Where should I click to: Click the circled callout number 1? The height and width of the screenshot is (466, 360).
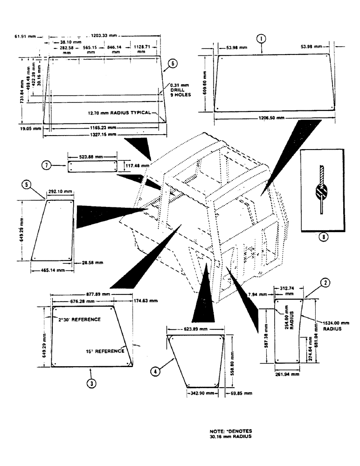coord(263,38)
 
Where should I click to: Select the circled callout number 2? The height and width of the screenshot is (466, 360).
coord(325,282)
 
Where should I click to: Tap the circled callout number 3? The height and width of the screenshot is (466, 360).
coord(92,383)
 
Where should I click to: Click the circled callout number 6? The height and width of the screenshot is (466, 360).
coord(172,64)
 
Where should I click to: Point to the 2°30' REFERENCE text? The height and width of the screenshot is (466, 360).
coord(79,320)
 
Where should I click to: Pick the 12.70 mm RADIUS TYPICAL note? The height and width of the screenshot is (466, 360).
coord(123,112)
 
